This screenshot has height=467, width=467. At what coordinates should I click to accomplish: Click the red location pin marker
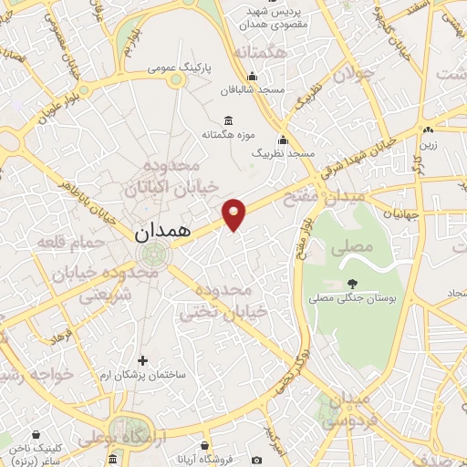tap(235, 215)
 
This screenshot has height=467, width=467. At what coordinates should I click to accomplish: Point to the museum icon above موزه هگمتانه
tap(227, 121)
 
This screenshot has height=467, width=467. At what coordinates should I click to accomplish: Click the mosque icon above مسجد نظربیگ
tap(283, 140)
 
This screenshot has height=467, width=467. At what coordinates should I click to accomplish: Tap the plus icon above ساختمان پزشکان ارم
tap(141, 360)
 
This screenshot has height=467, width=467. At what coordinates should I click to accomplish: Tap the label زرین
tap(428, 143)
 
